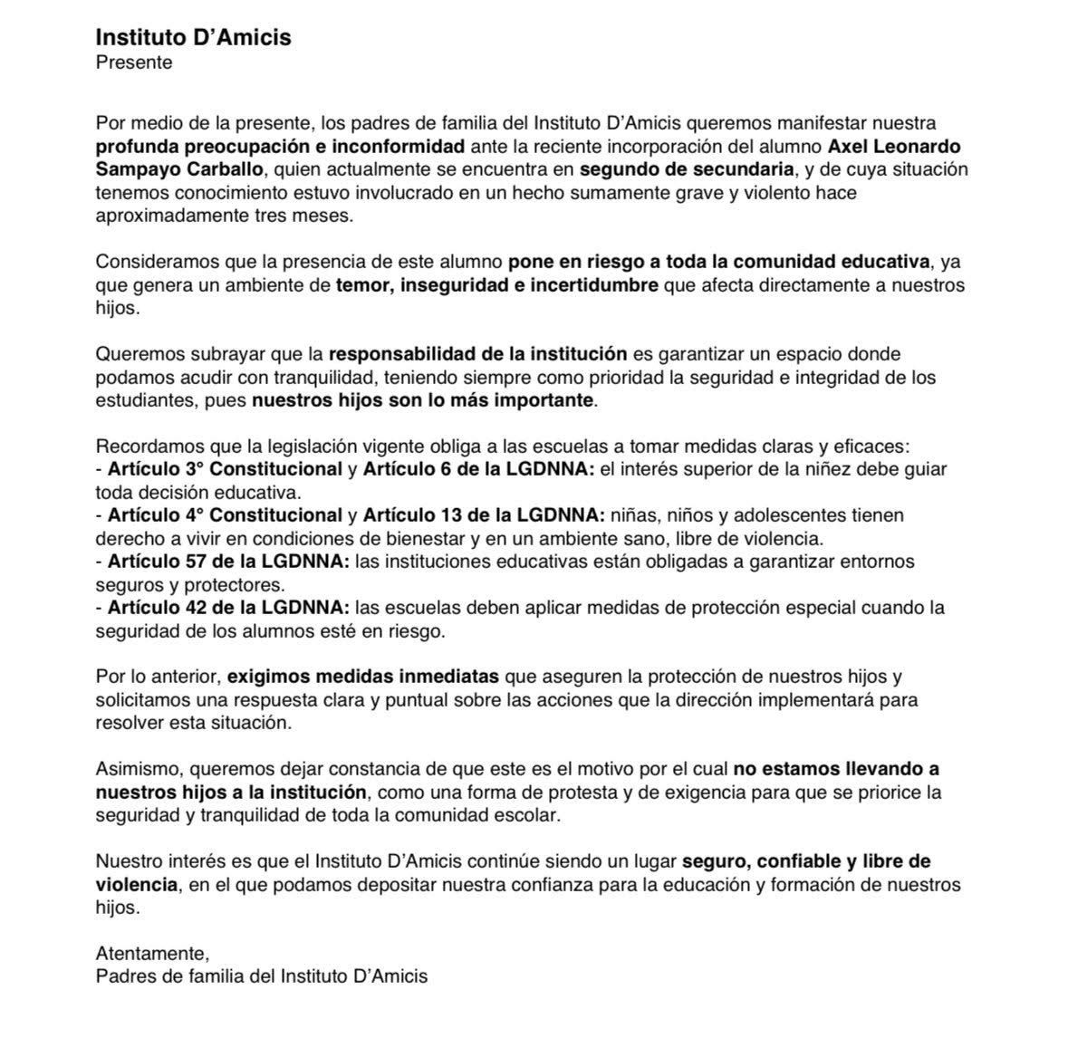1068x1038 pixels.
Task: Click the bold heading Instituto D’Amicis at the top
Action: pos(193,38)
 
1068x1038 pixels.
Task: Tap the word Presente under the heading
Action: pos(133,62)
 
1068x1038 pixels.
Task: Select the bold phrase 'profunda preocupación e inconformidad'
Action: pos(280,147)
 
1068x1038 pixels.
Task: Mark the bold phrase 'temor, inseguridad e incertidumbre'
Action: pos(496,285)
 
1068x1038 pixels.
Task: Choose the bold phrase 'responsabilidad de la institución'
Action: pos(477,353)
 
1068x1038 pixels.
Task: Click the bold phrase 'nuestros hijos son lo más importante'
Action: pos(422,400)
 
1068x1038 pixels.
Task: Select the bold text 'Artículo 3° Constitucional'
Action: pos(225,469)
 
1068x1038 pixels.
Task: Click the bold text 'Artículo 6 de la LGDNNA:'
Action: pos(478,469)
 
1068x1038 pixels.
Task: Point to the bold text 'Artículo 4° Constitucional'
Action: pos(225,515)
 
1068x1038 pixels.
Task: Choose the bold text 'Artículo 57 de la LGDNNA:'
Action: pos(228,562)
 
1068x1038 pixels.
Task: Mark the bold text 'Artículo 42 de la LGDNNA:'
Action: pos(228,608)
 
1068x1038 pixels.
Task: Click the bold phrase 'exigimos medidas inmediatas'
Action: pos(362,677)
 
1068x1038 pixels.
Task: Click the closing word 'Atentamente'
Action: pos(151,953)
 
